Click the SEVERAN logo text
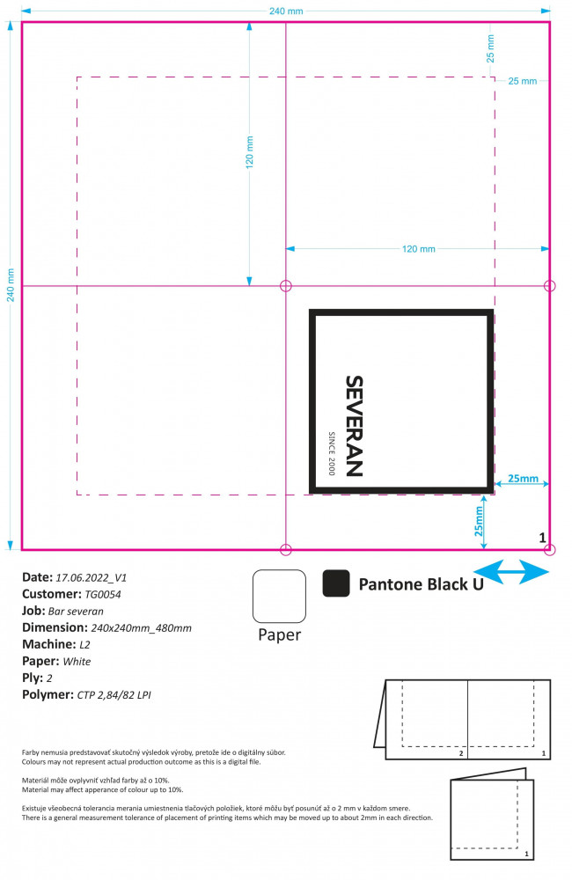(355, 426)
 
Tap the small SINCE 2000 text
(331, 453)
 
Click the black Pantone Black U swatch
(336, 583)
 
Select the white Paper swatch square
(279, 596)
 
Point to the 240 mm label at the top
(286, 11)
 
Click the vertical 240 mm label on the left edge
(11, 285)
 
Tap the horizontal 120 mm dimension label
(419, 249)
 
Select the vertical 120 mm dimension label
(249, 152)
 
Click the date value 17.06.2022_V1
(91, 577)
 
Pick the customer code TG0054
(103, 594)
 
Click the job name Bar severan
(76, 612)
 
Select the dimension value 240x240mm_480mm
(141, 628)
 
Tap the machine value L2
(84, 645)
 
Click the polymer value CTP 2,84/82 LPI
(114, 695)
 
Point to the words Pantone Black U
(421, 584)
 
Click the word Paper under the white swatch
(280, 634)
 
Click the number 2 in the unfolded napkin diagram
(461, 753)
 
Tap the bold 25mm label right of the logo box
(524, 478)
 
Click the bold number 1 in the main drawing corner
(542, 538)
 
